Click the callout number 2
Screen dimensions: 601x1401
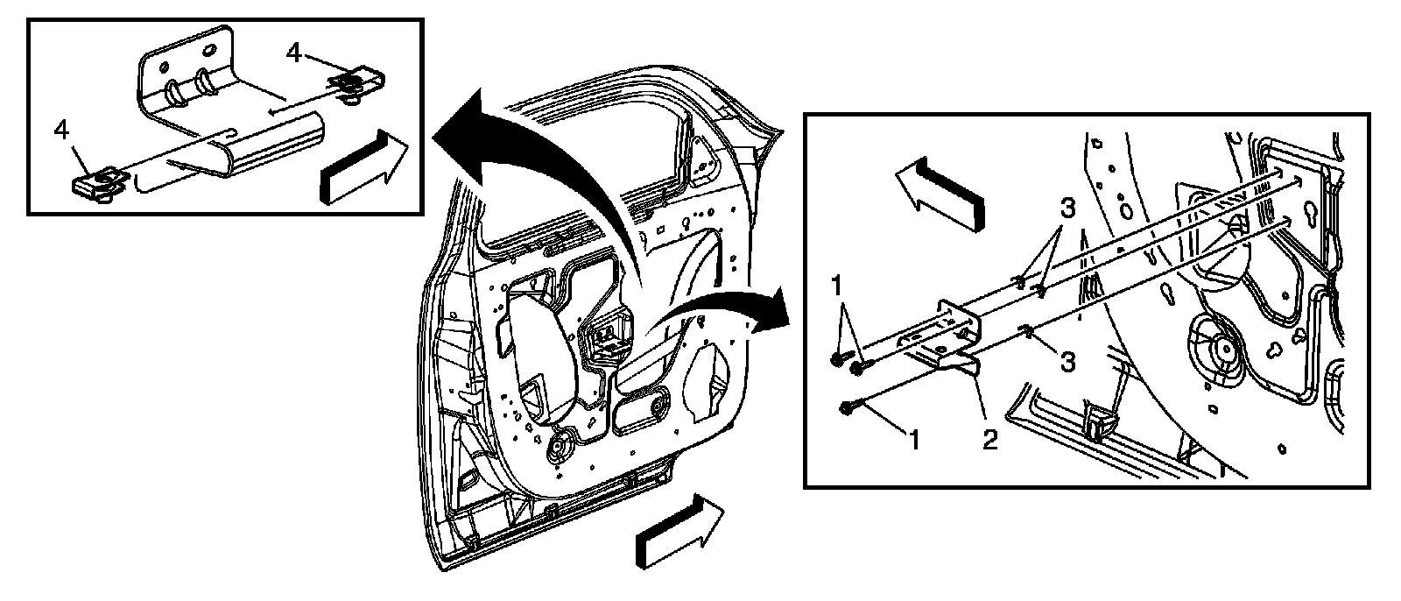coord(989,439)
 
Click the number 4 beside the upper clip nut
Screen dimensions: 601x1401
coord(294,53)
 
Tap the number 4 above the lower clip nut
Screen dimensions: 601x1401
coord(61,130)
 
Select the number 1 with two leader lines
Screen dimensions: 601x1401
coord(838,286)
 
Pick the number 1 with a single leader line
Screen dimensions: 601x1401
coord(913,440)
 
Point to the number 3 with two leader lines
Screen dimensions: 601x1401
coord(1067,209)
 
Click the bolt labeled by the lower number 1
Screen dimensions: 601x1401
coord(847,407)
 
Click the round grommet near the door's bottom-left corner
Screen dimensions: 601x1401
coord(558,451)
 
